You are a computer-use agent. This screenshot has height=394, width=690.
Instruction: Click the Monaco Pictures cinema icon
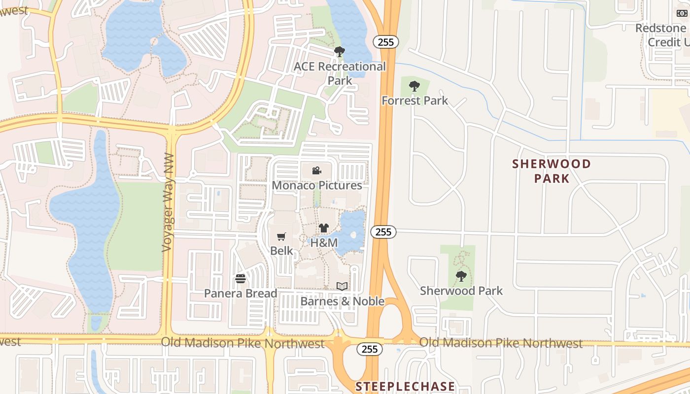tap(317, 171)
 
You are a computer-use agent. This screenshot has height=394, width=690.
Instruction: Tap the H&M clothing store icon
tap(323, 228)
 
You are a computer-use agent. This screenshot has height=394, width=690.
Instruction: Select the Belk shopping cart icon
tap(281, 236)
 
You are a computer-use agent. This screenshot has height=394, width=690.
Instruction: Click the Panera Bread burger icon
tap(241, 279)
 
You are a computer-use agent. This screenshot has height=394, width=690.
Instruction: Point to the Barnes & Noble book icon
tap(342, 286)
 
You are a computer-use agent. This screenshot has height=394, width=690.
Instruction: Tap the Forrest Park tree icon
tap(414, 86)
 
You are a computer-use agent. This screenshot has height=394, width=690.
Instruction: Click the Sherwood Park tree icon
tap(461, 276)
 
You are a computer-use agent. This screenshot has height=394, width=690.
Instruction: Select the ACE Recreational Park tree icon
tap(339, 51)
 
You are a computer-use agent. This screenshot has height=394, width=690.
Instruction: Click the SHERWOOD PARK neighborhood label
tap(552, 171)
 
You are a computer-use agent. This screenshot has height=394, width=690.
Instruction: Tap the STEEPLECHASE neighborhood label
tap(405, 386)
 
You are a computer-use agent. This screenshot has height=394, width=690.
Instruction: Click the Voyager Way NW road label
tap(168, 209)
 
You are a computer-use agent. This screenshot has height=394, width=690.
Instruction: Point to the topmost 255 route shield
tap(385, 42)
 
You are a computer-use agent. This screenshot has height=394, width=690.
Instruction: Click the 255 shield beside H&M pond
tap(383, 231)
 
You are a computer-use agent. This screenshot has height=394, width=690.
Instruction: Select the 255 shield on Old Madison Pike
tap(369, 349)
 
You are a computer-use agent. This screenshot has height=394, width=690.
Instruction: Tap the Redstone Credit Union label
tap(660, 35)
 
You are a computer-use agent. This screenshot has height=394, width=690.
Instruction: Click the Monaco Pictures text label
tap(317, 186)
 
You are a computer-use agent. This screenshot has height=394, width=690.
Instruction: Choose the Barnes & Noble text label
tap(342, 301)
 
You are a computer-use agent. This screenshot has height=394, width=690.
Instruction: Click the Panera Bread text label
tap(241, 294)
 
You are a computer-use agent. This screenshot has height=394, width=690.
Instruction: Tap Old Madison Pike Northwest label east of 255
tap(501, 343)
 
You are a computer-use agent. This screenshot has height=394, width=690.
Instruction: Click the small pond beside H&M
tap(353, 231)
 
